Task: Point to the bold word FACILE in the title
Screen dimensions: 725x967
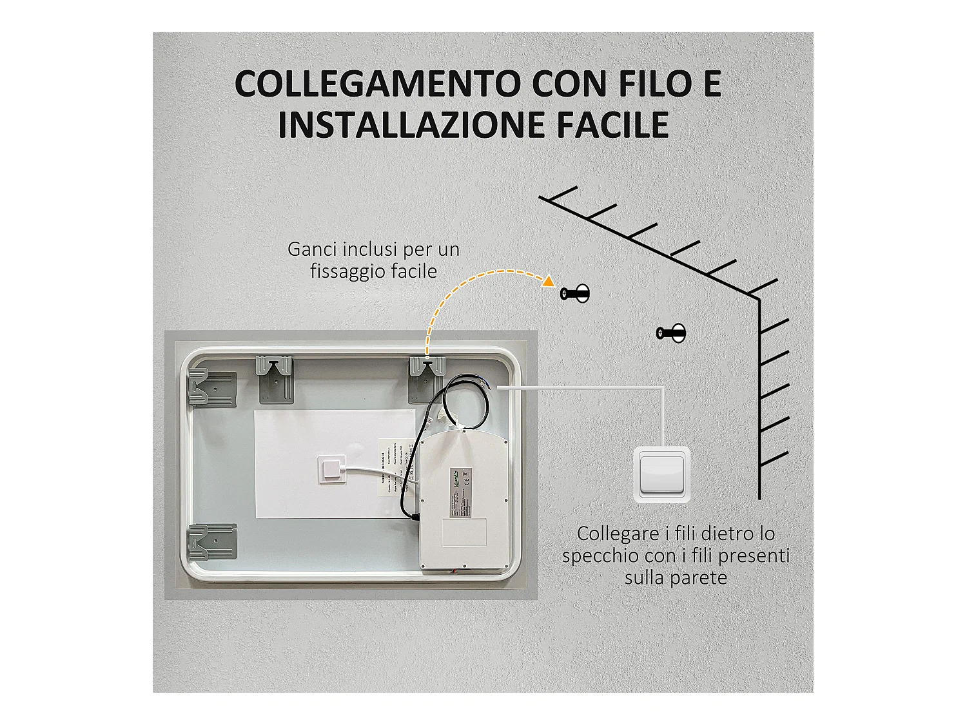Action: tap(613, 124)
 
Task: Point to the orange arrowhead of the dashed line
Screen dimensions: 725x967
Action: tap(548, 281)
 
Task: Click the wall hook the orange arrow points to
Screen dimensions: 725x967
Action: tap(575, 294)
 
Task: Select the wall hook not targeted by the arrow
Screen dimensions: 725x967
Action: tap(671, 333)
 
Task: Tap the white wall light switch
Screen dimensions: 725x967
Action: tap(662, 474)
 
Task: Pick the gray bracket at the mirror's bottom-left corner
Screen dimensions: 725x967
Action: tap(211, 543)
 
